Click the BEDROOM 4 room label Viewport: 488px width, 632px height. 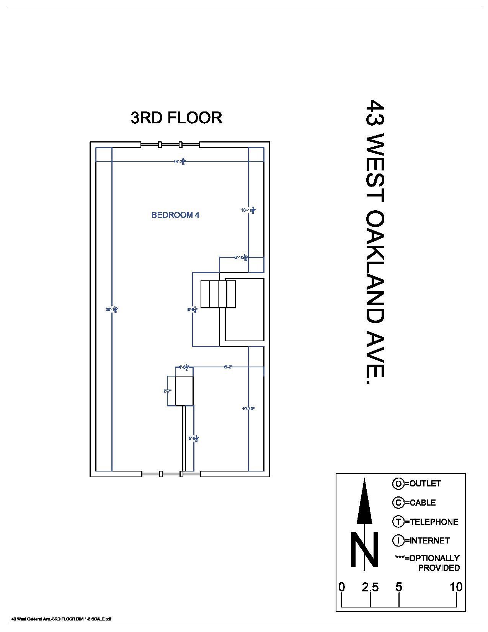175,215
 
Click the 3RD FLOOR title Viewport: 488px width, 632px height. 176,118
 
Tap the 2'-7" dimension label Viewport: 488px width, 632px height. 167,391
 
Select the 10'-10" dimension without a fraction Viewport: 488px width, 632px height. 248,409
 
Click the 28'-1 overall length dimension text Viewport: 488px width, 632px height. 111,309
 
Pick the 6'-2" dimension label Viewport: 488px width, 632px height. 228,367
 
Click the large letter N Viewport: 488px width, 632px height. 364,549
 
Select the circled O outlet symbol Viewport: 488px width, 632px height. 398,484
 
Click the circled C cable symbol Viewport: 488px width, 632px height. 398,503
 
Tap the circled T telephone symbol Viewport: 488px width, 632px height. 398,521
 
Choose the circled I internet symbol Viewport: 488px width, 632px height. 398,540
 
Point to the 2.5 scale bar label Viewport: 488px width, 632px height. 370,587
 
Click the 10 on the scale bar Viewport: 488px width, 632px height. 456,587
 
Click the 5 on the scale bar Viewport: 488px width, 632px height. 399,587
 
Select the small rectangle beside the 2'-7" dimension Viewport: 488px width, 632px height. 184,391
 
